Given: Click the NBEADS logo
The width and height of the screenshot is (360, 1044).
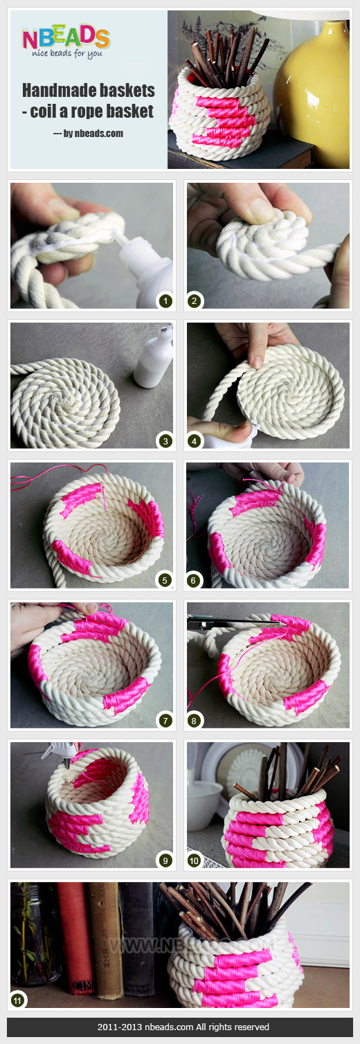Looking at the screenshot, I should click(66, 40).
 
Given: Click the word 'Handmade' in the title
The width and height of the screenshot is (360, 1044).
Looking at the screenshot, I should click(52, 90).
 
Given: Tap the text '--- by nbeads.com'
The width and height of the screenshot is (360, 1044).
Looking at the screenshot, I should click(88, 133).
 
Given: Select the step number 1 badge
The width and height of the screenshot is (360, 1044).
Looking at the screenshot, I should click(165, 300).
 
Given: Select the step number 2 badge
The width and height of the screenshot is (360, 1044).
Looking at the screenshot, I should click(196, 300).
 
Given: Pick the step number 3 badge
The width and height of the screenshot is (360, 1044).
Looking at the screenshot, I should click(165, 440).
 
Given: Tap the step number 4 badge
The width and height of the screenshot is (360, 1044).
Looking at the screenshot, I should click(196, 440).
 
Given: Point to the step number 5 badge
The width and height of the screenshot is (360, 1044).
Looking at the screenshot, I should click(165, 580).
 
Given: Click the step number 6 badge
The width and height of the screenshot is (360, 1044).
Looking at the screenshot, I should click(196, 580).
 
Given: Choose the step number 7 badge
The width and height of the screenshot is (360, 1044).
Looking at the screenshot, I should click(165, 720).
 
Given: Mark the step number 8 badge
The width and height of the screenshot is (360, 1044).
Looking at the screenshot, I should click(196, 720).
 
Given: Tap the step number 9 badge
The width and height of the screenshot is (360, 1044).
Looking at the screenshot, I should click(165, 861).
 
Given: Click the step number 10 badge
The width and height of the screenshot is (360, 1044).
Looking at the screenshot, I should click(196, 861).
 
